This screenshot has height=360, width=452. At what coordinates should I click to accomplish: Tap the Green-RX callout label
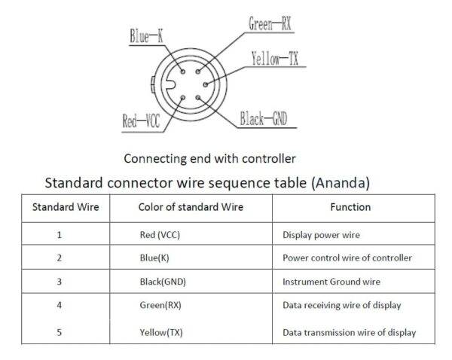pos(269,24)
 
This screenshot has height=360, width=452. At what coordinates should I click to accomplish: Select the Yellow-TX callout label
pos(276,59)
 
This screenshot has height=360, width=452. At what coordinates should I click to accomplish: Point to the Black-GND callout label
pos(264,120)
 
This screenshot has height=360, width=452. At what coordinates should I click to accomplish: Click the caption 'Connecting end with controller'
pos(209,158)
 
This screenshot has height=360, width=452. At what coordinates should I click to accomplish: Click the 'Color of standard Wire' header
pos(191,206)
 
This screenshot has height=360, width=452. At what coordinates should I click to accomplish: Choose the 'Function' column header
pos(350,206)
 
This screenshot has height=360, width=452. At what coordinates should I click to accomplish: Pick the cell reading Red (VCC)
pos(160,234)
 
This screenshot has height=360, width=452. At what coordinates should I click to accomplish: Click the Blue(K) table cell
pos(154,258)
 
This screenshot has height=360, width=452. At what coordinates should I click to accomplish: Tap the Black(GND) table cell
pos(163,282)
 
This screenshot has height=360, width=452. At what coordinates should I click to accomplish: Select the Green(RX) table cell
pos(161,305)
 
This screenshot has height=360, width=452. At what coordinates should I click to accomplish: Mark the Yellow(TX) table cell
pos(161,332)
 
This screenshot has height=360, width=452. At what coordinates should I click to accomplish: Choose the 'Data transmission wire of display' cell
pos(349,332)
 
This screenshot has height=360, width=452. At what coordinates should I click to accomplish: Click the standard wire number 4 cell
pos(59,305)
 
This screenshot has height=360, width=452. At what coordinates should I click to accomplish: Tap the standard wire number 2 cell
pos(59,258)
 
